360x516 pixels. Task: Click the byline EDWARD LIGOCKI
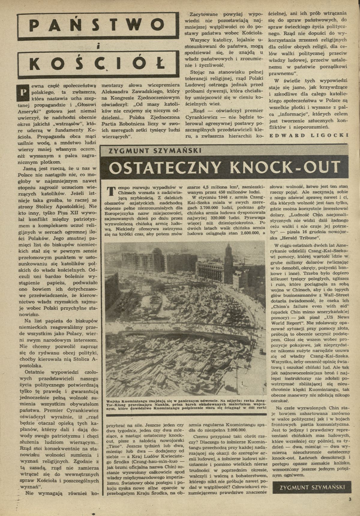pyautogui.click(x=308, y=135)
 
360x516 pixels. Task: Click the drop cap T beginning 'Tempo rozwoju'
pyautogui.click(x=111, y=191)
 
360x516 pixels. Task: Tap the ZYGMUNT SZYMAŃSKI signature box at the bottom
pyautogui.click(x=312, y=487)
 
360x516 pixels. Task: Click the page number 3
pyautogui.click(x=349, y=499)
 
